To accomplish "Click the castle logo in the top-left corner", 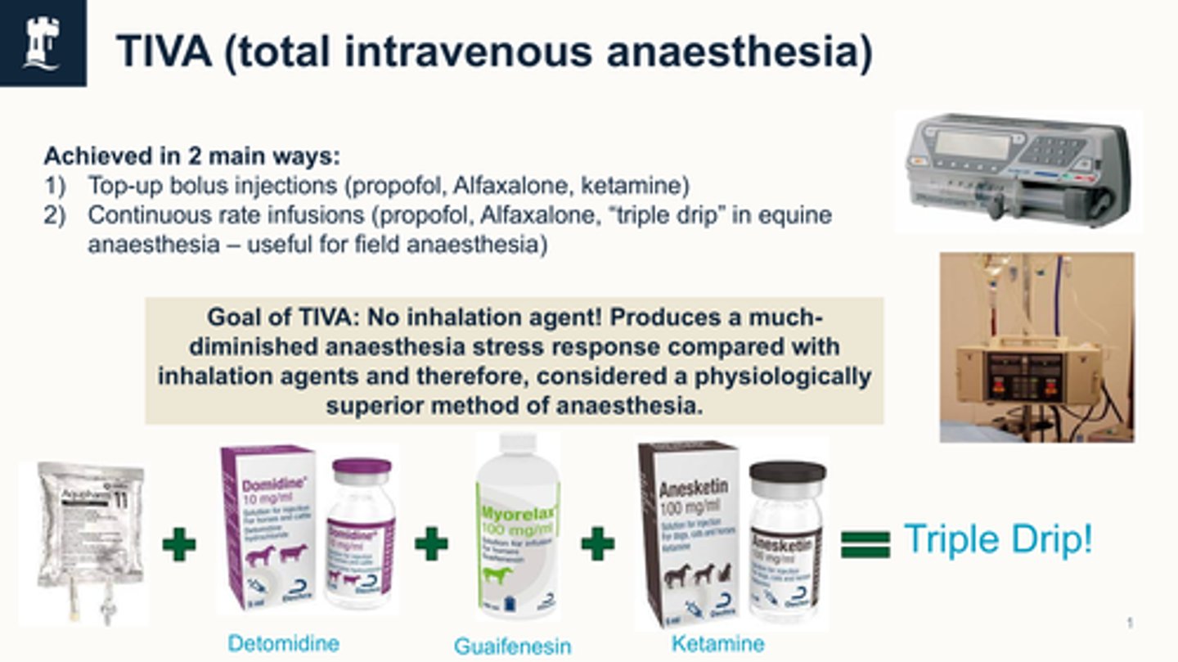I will click(43, 43).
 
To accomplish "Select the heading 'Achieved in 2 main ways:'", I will click(191, 155).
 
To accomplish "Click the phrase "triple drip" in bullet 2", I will click(716, 215).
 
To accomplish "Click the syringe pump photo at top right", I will click(1018, 171).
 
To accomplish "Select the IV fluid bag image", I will click(83, 540).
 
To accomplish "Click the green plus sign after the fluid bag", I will click(178, 544).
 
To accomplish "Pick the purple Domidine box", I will click(268, 528).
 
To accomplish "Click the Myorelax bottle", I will click(517, 528).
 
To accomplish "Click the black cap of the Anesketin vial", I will click(788, 472).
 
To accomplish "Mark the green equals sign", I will click(865, 543).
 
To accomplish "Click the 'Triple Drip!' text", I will click(997, 540).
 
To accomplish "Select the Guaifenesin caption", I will click(512, 646).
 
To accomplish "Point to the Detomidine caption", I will click(283, 643).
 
